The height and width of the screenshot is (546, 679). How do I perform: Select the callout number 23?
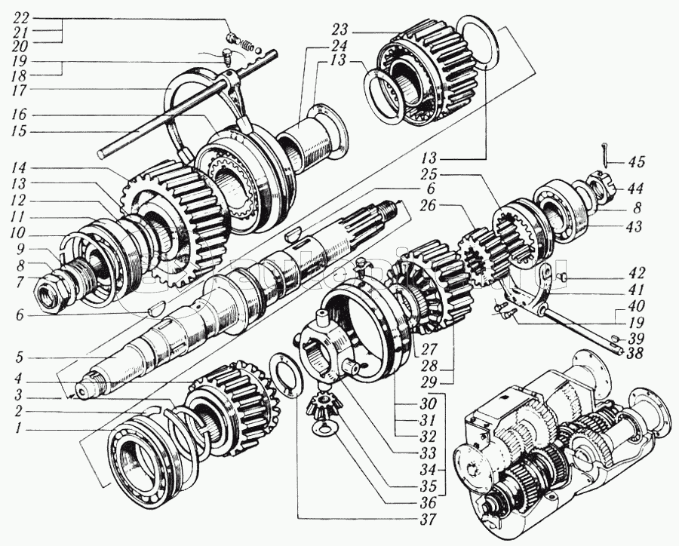(x=338, y=31)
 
